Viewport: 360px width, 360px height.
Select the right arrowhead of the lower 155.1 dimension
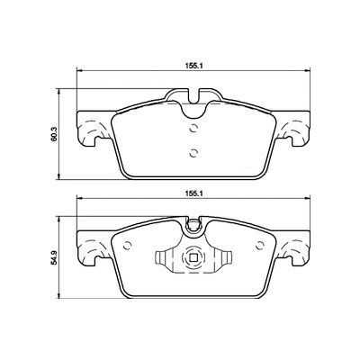(x=307, y=199)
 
